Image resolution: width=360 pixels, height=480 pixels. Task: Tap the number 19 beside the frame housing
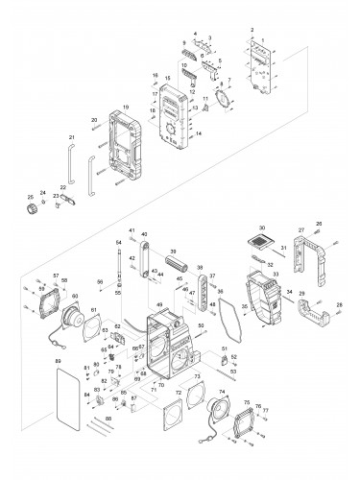point(126,108)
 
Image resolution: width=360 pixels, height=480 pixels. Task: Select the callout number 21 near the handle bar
point(71,138)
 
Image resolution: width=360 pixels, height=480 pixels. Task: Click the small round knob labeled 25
point(30,206)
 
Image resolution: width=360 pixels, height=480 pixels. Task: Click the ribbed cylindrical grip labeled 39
point(176,262)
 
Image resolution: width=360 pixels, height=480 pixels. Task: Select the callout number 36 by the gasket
point(219,291)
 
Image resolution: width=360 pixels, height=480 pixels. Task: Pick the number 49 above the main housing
point(159,304)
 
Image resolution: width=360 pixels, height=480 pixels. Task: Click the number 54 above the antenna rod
point(119,243)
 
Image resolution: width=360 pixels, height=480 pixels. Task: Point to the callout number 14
point(198,135)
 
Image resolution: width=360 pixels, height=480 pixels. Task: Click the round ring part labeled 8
point(228,100)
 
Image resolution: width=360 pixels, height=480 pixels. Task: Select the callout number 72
point(179,394)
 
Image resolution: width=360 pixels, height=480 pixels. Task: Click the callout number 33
point(276,274)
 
